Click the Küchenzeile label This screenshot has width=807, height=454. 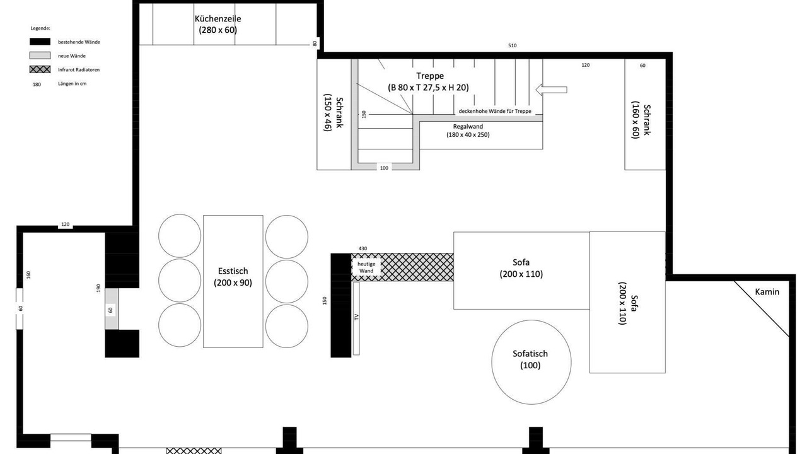pyautogui.click(x=218, y=24)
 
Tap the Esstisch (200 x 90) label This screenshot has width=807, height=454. pyautogui.click(x=233, y=277)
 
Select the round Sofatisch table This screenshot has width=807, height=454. pyautogui.click(x=531, y=362)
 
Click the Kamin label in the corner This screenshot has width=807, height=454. pyautogui.click(x=767, y=292)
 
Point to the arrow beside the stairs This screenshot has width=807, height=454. pyautogui.click(x=551, y=90)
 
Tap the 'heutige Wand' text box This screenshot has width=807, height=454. pyautogui.click(x=366, y=267)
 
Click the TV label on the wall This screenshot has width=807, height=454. pyautogui.click(x=356, y=317)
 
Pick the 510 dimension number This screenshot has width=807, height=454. pyautogui.click(x=513, y=45)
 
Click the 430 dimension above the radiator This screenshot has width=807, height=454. pyautogui.click(x=363, y=248)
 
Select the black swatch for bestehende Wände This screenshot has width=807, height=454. pyautogui.click(x=40, y=42)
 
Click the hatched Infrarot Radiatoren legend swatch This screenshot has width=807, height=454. pyautogui.click(x=40, y=69)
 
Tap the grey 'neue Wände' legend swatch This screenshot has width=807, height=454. pyautogui.click(x=40, y=55)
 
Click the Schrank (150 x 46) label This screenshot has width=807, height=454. pyautogui.click(x=334, y=113)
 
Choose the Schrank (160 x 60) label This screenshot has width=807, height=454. pyautogui.click(x=641, y=120)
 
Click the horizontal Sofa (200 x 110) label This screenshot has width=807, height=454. pyautogui.click(x=521, y=268)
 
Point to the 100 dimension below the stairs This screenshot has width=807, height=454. pyautogui.click(x=384, y=168)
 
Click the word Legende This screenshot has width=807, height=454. pyautogui.click(x=40, y=28)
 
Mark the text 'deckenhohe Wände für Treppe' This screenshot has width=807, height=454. pyautogui.click(x=495, y=111)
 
